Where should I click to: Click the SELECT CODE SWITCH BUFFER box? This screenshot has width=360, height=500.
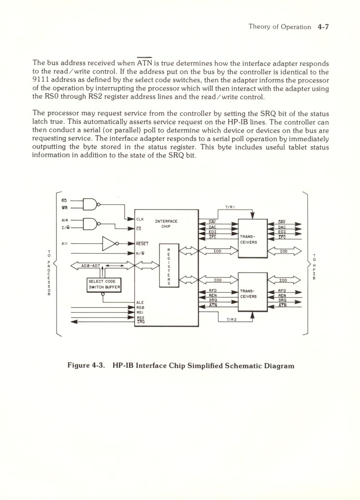point(104,285)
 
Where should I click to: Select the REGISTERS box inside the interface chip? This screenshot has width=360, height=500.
point(168,267)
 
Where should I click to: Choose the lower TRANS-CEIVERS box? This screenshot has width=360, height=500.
point(253,293)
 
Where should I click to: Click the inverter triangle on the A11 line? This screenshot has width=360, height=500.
point(110,243)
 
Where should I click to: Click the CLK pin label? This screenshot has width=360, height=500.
point(140,219)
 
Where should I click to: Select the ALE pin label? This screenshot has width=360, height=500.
point(140,303)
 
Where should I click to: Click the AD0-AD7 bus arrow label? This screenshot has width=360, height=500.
point(90,266)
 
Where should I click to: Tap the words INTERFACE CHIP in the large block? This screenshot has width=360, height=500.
point(166,224)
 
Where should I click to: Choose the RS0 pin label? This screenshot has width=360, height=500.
point(140,307)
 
